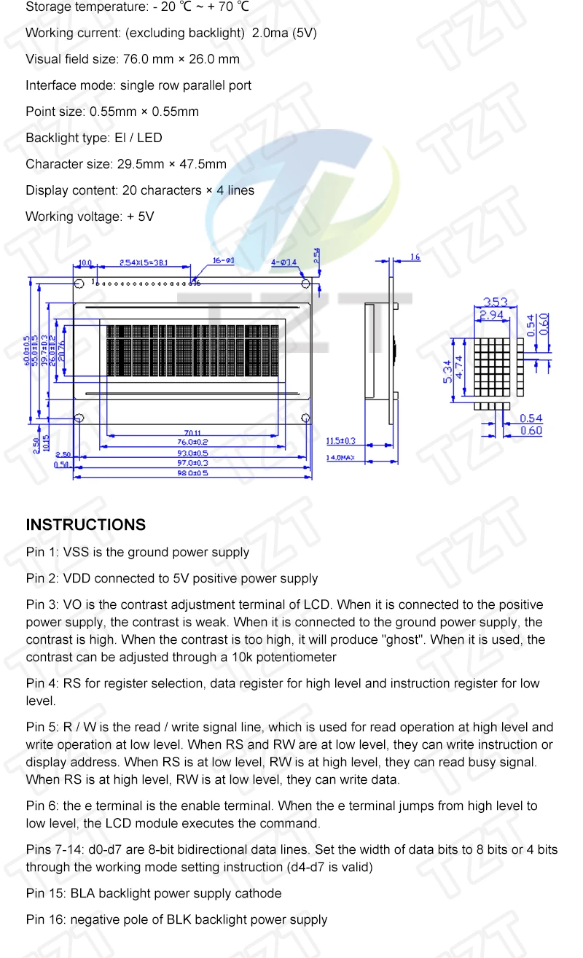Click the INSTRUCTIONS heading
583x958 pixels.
pos(85,525)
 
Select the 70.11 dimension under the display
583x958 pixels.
pos(192,433)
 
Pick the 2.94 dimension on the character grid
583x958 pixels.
pos(493,316)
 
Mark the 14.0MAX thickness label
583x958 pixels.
pos(340,458)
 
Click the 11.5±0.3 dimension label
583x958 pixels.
pos(340,441)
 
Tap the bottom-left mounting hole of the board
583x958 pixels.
pos(81,418)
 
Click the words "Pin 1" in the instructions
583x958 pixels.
pos(41,553)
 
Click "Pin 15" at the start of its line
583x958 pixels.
pos(44,894)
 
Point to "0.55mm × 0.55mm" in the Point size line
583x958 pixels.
pos(144,112)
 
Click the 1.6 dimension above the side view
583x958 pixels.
pos(415,257)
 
